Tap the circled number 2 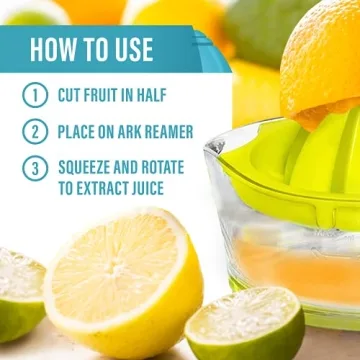tap(36, 130)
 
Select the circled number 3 tap(36, 167)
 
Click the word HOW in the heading tap(51, 50)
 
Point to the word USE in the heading tap(130, 50)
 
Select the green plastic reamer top tap(300, 160)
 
